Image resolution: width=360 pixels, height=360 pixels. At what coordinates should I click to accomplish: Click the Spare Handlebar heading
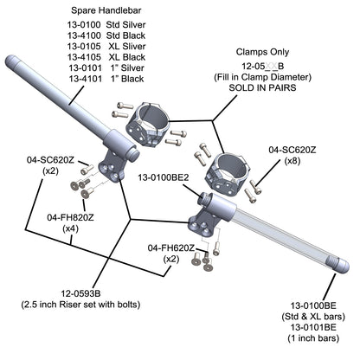(106, 10)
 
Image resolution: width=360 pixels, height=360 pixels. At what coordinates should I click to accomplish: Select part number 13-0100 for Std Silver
(84, 24)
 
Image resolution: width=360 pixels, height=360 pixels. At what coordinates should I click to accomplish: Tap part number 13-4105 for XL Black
(84, 57)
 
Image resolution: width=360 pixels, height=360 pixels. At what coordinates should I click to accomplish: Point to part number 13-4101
(86, 79)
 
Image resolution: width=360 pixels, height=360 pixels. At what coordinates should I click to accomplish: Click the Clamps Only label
(262, 52)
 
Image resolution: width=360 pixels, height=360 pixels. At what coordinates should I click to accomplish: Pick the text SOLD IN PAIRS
(262, 87)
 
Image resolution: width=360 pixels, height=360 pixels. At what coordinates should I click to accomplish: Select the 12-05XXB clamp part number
(262, 66)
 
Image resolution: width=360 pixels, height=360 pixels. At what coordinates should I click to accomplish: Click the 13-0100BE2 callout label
(164, 177)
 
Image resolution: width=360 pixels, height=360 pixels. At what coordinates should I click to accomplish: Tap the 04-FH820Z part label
(70, 217)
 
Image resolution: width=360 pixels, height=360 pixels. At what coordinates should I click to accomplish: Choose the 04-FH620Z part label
(171, 247)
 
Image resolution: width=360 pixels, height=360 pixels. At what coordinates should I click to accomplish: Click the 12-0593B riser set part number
(80, 293)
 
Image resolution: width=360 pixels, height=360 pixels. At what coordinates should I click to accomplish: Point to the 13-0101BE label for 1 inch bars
(313, 327)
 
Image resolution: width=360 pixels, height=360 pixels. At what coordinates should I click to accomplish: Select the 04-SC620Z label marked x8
(292, 150)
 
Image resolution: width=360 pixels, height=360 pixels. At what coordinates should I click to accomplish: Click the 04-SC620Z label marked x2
(50, 160)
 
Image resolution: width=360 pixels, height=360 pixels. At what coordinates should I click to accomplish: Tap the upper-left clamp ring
(147, 124)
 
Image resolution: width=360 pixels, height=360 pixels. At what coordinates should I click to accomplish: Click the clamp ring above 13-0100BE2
(228, 175)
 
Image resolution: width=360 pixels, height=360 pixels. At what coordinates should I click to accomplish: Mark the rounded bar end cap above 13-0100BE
(339, 266)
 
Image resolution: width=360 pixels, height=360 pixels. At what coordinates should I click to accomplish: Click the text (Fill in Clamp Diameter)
(262, 77)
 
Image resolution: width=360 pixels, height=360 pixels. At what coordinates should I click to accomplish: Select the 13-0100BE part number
(313, 305)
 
